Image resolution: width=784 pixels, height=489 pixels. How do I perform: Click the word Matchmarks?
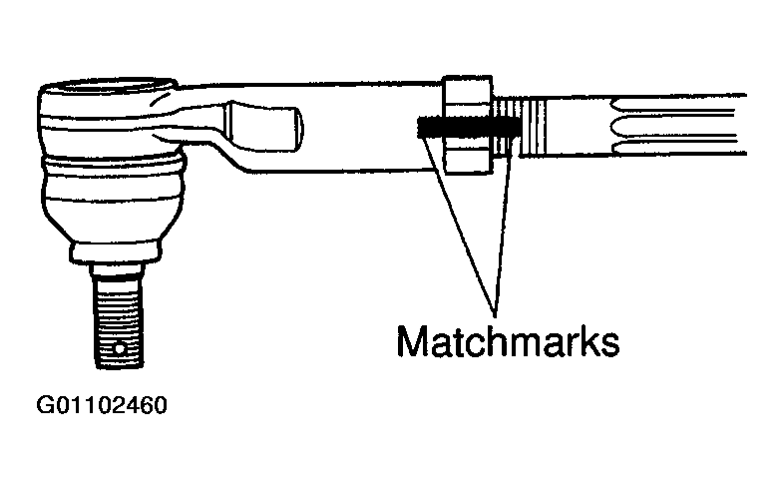(x=508, y=340)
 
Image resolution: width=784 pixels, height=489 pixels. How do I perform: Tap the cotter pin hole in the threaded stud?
(x=121, y=348)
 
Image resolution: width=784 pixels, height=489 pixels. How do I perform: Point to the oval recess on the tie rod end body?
(x=264, y=124)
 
